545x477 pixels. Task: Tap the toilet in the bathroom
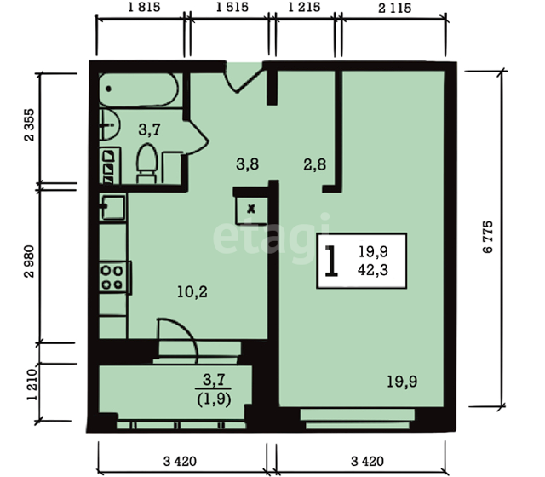click(147, 164)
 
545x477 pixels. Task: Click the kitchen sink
click(112, 208)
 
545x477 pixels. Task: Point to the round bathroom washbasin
click(109, 124)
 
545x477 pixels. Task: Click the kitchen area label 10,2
click(192, 292)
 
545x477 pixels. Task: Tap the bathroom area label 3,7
click(149, 129)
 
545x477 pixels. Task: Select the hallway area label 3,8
click(247, 164)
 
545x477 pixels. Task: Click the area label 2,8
click(314, 164)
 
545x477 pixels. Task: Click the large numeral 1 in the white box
click(331, 261)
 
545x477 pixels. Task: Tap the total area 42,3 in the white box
click(373, 270)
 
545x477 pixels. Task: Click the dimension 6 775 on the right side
click(488, 237)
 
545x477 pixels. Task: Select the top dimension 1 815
click(144, 7)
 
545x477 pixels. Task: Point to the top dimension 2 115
click(394, 8)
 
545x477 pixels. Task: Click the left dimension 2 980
click(29, 261)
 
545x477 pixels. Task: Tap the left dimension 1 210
click(32, 384)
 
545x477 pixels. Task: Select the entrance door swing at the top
click(244, 78)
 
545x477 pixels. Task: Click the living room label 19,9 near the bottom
click(402, 382)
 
